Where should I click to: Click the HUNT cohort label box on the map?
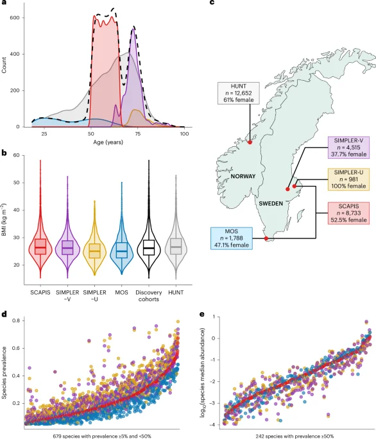[x=237, y=92]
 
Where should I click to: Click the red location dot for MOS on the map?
[x=266, y=240]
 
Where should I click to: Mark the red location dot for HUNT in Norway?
[x=250, y=124]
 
